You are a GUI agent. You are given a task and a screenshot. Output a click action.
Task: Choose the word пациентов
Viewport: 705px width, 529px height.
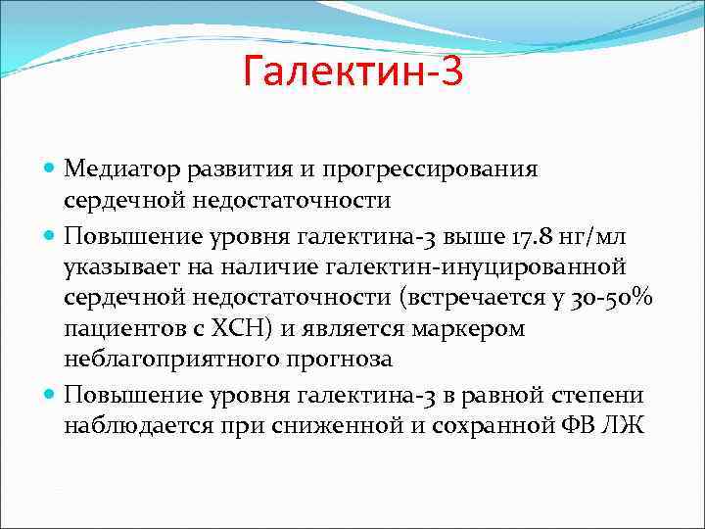click(118, 327)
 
